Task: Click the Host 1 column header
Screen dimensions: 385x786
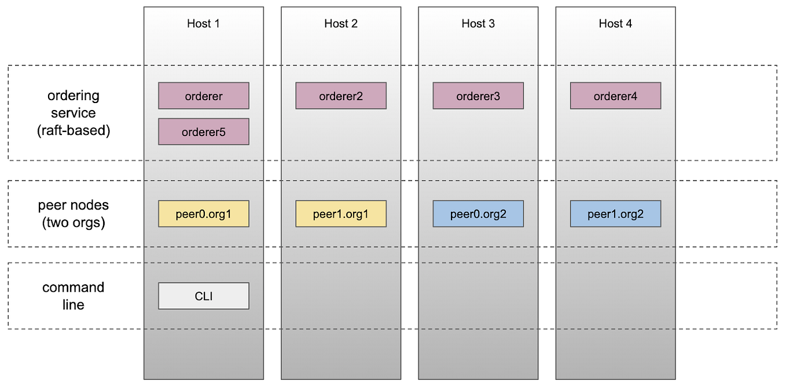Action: pyautogui.click(x=203, y=24)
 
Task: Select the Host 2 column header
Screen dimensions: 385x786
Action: pyautogui.click(x=341, y=24)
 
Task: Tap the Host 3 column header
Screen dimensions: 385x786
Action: pyautogui.click(x=478, y=24)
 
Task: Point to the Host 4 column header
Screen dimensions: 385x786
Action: pyautogui.click(x=615, y=24)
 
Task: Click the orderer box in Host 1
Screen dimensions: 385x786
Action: pyautogui.click(x=204, y=96)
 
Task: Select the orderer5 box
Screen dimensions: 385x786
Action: pyautogui.click(x=204, y=132)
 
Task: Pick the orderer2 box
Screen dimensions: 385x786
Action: pyautogui.click(x=341, y=96)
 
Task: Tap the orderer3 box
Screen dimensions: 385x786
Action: pyautogui.click(x=478, y=96)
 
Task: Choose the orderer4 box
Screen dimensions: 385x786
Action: pyautogui.click(x=615, y=96)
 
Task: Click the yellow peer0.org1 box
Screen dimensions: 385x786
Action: pyautogui.click(x=204, y=214)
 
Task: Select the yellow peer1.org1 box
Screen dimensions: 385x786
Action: pyautogui.click(x=341, y=214)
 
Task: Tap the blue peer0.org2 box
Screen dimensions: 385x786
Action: pyautogui.click(x=478, y=214)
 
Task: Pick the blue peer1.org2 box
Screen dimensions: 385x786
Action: pyautogui.click(x=615, y=214)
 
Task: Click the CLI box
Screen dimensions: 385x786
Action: pyautogui.click(x=204, y=296)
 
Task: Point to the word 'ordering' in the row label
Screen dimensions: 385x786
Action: pyautogui.click(x=74, y=96)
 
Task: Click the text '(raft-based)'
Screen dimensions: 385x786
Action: pyautogui.click(x=74, y=130)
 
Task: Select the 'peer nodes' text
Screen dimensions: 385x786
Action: pyautogui.click(x=74, y=206)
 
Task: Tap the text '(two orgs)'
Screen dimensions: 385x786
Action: pyautogui.click(x=74, y=223)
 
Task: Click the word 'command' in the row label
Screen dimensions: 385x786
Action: pyautogui.click(x=74, y=288)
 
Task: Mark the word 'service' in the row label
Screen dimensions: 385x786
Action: pyautogui.click(x=74, y=113)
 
